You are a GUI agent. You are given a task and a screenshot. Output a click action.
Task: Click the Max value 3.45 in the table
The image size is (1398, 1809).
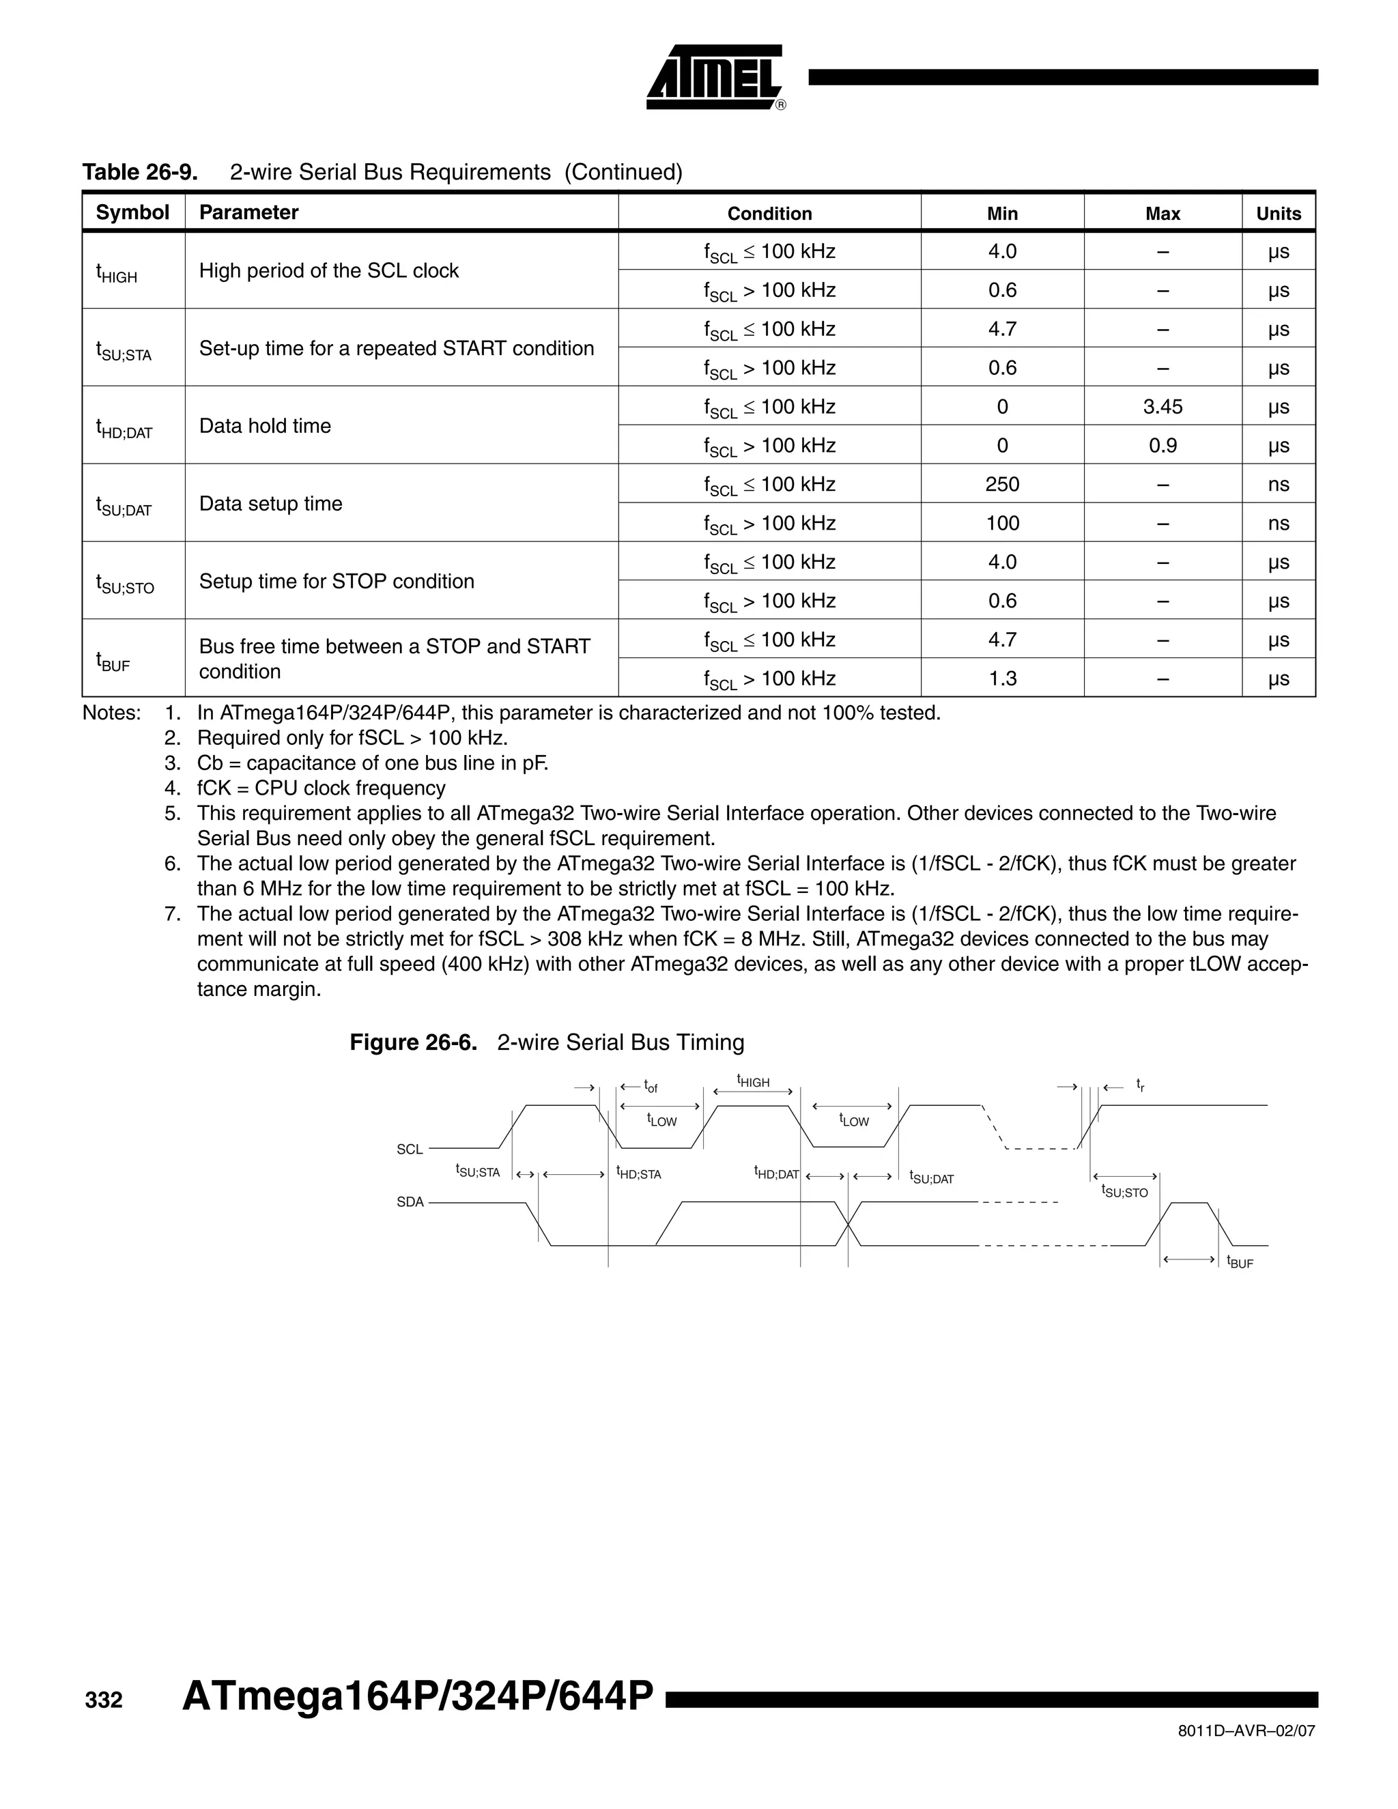point(1162,407)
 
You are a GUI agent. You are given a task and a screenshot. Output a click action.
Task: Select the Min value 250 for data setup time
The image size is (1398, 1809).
point(1001,485)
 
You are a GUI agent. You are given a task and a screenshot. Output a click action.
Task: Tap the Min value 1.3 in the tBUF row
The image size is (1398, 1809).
point(1001,679)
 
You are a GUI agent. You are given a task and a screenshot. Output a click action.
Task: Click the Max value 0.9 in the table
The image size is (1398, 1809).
point(1162,446)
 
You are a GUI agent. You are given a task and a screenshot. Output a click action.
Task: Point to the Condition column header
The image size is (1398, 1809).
point(769,214)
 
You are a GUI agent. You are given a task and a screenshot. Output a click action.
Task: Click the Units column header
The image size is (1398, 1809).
point(1278,214)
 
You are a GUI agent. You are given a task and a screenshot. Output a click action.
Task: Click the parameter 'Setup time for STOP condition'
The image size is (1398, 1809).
point(337,582)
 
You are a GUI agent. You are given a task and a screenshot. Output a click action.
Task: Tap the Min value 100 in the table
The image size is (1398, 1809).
point(1001,524)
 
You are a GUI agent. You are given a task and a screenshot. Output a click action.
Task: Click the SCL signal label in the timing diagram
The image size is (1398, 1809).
point(409,1150)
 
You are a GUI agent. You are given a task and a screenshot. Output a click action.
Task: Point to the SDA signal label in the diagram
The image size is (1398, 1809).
point(409,1202)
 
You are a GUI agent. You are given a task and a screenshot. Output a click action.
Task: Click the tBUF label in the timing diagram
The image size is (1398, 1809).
point(1240,1262)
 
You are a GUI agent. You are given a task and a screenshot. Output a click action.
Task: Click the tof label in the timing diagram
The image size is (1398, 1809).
point(651,1086)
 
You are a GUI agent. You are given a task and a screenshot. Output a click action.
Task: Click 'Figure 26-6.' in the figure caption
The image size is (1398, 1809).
point(413,1042)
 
